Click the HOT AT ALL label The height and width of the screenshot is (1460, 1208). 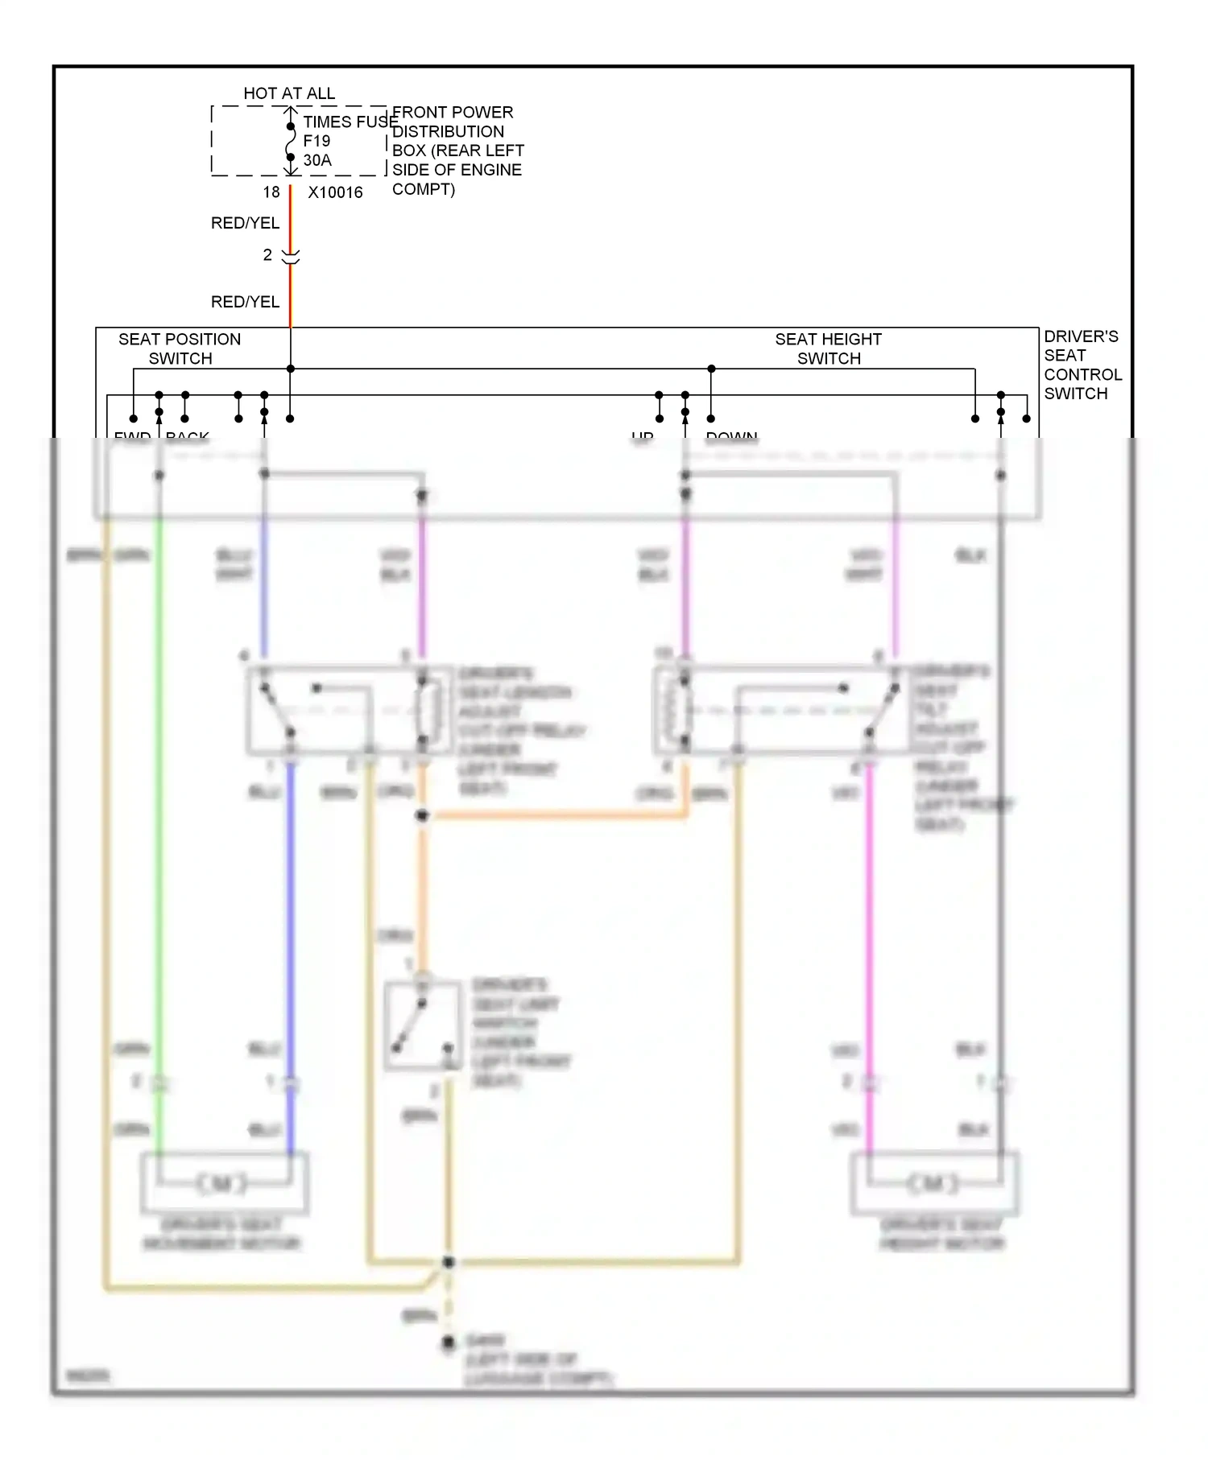coord(289,93)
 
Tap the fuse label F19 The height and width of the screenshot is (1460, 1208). coord(316,141)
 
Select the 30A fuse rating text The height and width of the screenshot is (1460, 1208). coord(317,160)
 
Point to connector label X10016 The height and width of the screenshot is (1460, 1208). coord(335,192)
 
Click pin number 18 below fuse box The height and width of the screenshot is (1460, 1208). coord(271,192)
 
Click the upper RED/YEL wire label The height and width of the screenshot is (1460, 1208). coord(245,223)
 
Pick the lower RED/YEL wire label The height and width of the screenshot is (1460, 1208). coord(245,302)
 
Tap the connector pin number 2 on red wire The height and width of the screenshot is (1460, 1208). coord(267,255)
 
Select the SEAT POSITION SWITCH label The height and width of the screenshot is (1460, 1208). coord(180,349)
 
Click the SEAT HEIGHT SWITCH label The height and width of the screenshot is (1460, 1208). coord(828,349)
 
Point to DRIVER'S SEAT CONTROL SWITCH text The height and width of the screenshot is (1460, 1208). coord(1082,365)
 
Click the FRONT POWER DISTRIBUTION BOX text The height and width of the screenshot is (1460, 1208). coord(457,151)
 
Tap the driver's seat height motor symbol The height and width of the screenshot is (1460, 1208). coord(934,1183)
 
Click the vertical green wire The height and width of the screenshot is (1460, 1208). coord(159,845)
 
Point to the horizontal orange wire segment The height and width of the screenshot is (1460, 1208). coord(556,816)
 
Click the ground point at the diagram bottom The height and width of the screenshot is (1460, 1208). coord(449,1343)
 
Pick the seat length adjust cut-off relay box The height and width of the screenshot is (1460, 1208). coord(348,710)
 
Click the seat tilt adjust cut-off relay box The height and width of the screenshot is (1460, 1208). coord(781,710)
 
